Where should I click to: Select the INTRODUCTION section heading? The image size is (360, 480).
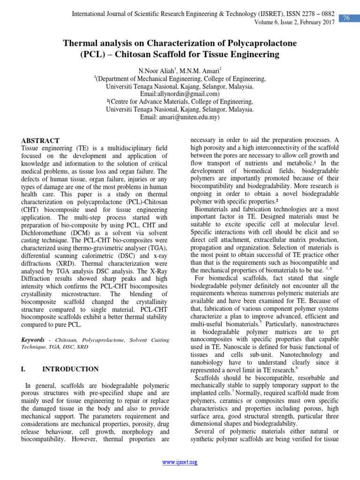pyautogui.click(x=70, y=369)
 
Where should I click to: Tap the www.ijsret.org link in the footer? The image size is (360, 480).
pyautogui.click(x=180, y=462)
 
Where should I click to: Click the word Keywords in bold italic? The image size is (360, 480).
pyautogui.click(x=33, y=339)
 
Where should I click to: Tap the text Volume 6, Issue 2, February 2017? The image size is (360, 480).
pyautogui.click(x=297, y=22)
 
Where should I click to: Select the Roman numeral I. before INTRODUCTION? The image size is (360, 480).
pyautogui.click(x=23, y=369)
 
